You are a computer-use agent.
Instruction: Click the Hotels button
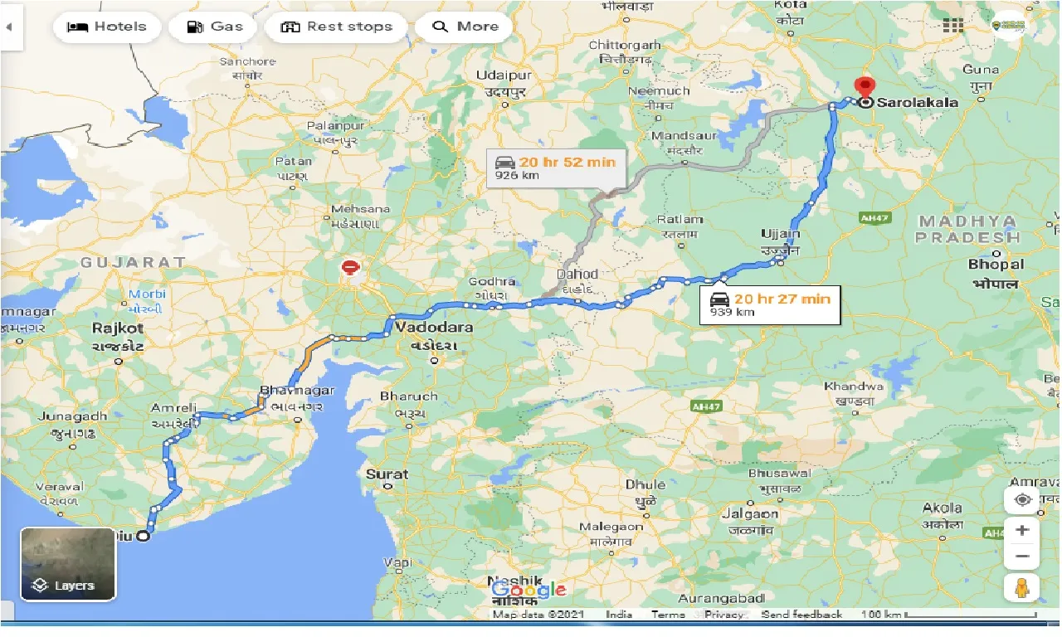106,27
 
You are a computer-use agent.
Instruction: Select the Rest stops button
337,27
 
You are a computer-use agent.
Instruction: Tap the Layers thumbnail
68,564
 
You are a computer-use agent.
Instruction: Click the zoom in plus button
1021,530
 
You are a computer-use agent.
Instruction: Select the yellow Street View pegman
1021,587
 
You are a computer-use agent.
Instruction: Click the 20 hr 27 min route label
774,304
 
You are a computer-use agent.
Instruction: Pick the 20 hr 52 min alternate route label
556,168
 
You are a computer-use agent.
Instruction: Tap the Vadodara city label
434,327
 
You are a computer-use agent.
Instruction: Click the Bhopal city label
996,265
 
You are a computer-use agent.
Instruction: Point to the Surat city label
387,474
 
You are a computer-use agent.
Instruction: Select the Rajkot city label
119,328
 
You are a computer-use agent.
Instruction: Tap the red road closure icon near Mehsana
351,268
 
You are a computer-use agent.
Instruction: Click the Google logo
529,590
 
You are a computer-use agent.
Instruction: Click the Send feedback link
801,615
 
